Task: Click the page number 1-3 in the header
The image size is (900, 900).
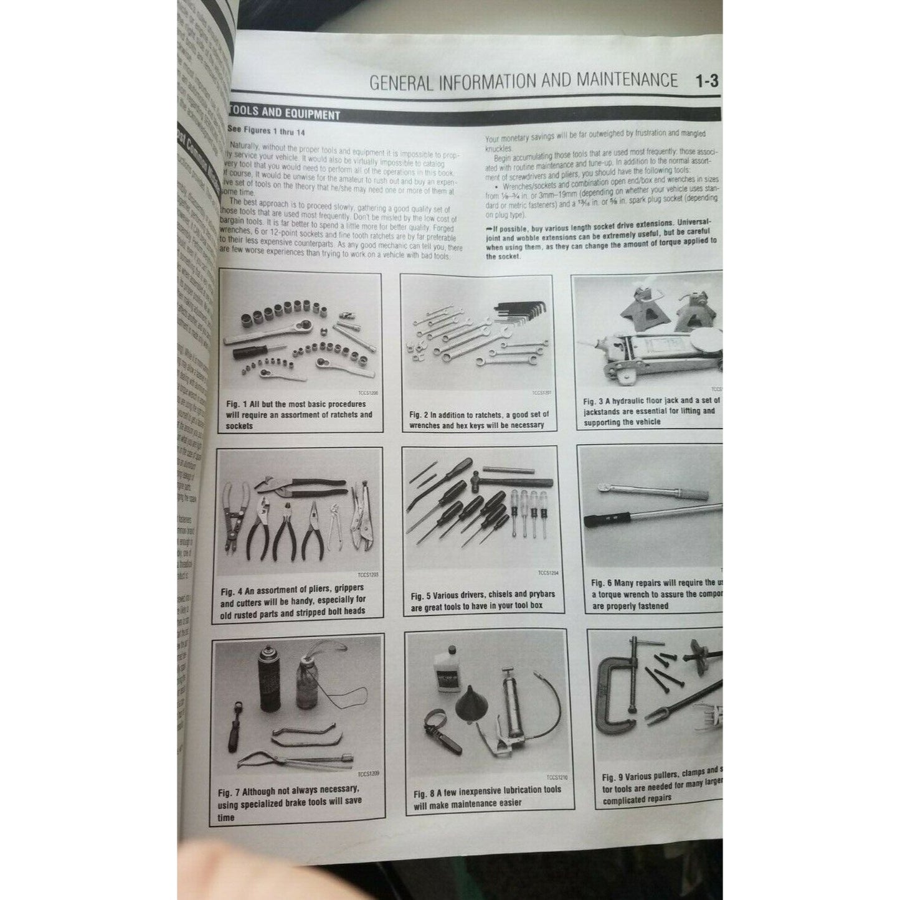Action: pos(707,82)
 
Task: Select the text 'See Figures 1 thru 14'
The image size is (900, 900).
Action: pos(266,131)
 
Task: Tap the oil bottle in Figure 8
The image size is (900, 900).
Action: pos(446,675)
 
